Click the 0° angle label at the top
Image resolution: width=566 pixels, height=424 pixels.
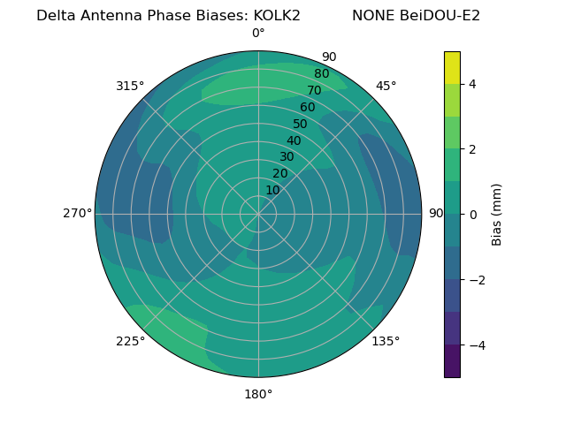pyautogui.click(x=258, y=34)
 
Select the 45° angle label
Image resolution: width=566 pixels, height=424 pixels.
pyautogui.click(x=386, y=86)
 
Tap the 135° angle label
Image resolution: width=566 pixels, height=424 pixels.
pyautogui.click(x=386, y=341)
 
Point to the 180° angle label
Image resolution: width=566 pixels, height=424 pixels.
pyautogui.click(x=258, y=394)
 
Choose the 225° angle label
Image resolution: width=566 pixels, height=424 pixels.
pyautogui.click(x=130, y=341)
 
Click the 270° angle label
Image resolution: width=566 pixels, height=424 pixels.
pyautogui.click(x=77, y=213)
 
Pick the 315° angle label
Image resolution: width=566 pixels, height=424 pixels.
pyautogui.click(x=130, y=86)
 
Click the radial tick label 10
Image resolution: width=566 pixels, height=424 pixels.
pyautogui.click(x=272, y=190)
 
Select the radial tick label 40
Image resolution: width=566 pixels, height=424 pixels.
pyautogui.click(x=294, y=140)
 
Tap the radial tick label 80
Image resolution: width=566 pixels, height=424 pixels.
pyautogui.click(x=321, y=73)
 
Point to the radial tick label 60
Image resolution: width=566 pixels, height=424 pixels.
pyautogui.click(x=307, y=107)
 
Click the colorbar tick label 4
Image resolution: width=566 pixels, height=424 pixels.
pyautogui.click(x=472, y=84)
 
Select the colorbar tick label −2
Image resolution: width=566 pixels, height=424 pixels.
pyautogui.click(x=476, y=280)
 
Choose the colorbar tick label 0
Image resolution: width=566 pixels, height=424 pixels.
pyautogui.click(x=472, y=215)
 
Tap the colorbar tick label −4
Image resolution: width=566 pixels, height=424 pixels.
pyautogui.click(x=476, y=345)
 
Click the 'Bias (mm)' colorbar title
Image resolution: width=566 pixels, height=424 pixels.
pyautogui.click(x=497, y=214)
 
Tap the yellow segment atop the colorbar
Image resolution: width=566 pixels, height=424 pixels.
pyautogui.click(x=452, y=67)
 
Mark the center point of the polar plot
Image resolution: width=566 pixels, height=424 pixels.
pyautogui.click(x=258, y=214)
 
